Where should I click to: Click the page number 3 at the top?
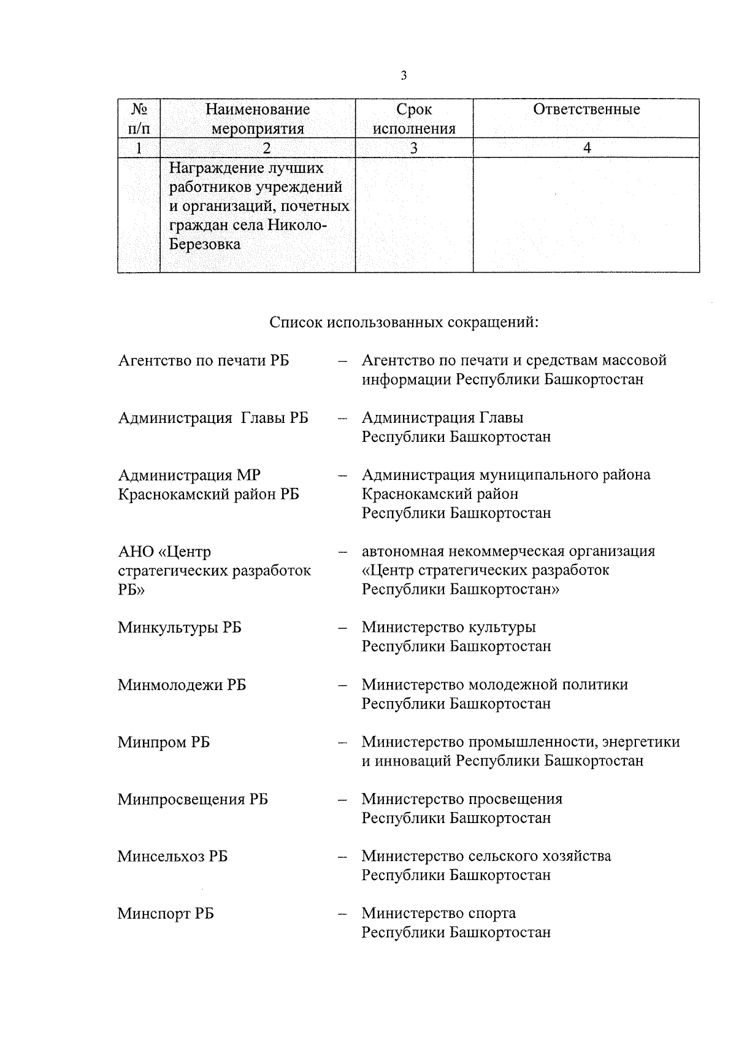tap(403, 76)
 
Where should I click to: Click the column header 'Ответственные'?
tap(586, 110)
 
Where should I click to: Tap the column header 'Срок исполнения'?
tap(414, 119)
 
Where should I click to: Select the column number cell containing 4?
tap(587, 148)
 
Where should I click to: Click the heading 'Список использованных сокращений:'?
tap(404, 322)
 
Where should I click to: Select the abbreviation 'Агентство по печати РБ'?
tap(203, 360)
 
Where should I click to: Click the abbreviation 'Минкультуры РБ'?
tap(179, 628)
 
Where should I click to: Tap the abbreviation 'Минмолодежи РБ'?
tap(182, 685)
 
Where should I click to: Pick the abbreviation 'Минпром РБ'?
tap(163, 742)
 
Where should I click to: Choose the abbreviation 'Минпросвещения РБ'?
tap(193, 799)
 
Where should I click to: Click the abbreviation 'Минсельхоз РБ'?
tap(172, 856)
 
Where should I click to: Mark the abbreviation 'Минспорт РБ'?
tap(166, 914)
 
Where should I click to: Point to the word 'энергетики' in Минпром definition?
tap(640, 742)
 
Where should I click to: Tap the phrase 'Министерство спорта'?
tap(438, 913)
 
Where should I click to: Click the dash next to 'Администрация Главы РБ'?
tap(343, 418)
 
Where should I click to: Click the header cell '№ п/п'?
tap(139, 119)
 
